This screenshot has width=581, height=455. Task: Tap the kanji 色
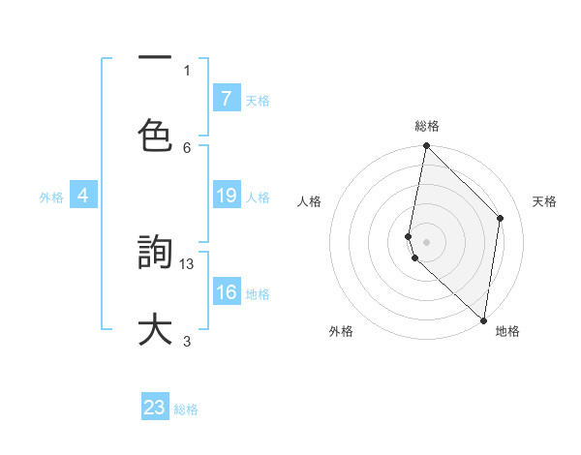[x=156, y=136]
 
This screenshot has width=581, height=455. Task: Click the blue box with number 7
[x=226, y=98]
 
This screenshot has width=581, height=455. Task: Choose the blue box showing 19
[x=226, y=196]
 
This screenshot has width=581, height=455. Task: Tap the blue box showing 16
[x=226, y=292]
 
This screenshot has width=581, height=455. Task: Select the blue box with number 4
[x=83, y=196]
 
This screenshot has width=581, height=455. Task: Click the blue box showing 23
[x=155, y=408]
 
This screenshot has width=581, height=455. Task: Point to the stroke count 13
[x=188, y=262]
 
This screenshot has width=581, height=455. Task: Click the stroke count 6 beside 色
[x=187, y=147]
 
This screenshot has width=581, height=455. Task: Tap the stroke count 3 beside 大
[x=187, y=340]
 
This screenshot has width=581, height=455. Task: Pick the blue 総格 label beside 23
[x=186, y=409]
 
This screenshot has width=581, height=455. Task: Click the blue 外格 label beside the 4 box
[x=51, y=197]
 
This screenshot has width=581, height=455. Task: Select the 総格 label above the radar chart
[x=427, y=126]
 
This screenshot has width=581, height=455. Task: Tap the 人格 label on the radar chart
[x=310, y=201]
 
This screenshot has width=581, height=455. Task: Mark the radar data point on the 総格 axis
[x=426, y=146]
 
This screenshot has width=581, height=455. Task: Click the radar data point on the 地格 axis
[x=483, y=319]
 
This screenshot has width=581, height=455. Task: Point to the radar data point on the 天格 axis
[x=501, y=218]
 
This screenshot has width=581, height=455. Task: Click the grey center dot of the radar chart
[x=426, y=241]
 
